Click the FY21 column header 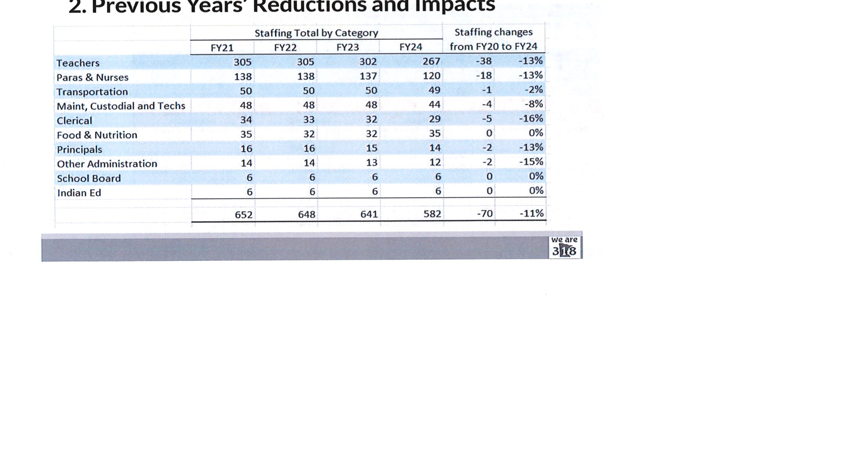pyautogui.click(x=222, y=47)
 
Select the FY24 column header pyautogui.click(x=410, y=47)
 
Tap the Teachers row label pyautogui.click(x=78, y=63)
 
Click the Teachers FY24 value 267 pyautogui.click(x=431, y=61)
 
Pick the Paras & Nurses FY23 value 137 pyautogui.click(x=368, y=76)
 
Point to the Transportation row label pyautogui.click(x=92, y=92)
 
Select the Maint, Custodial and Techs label pyautogui.click(x=120, y=106)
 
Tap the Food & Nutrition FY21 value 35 pyautogui.click(x=246, y=134)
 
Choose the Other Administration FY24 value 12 pyautogui.click(x=435, y=162)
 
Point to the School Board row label pyautogui.click(x=89, y=179)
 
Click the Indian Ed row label pyautogui.click(x=79, y=193)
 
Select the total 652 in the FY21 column pyautogui.click(x=243, y=214)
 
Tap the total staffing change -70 pyautogui.click(x=484, y=213)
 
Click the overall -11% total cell pyautogui.click(x=531, y=213)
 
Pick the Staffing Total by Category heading pyautogui.click(x=316, y=33)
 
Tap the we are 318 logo pyautogui.click(x=564, y=247)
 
